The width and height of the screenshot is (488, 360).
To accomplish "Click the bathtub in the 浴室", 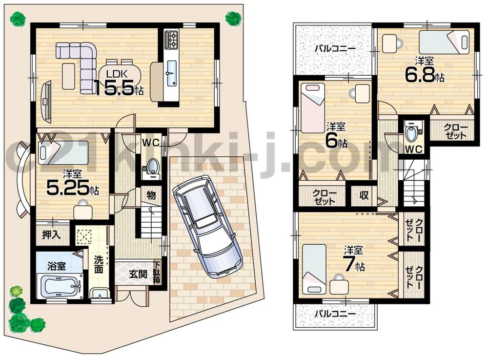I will (x=60, y=286).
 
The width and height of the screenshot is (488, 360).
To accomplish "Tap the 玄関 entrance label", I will (x=137, y=274).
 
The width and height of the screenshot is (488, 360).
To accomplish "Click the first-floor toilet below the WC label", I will (x=152, y=168).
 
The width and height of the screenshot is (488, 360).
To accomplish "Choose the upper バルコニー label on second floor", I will (x=334, y=48).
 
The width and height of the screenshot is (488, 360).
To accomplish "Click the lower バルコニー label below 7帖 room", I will (x=334, y=313).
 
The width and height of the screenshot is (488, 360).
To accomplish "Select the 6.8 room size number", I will (x=419, y=76).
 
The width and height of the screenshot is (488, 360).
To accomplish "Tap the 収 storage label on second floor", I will (x=364, y=196).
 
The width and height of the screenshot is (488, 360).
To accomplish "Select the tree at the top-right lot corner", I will (x=233, y=18).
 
